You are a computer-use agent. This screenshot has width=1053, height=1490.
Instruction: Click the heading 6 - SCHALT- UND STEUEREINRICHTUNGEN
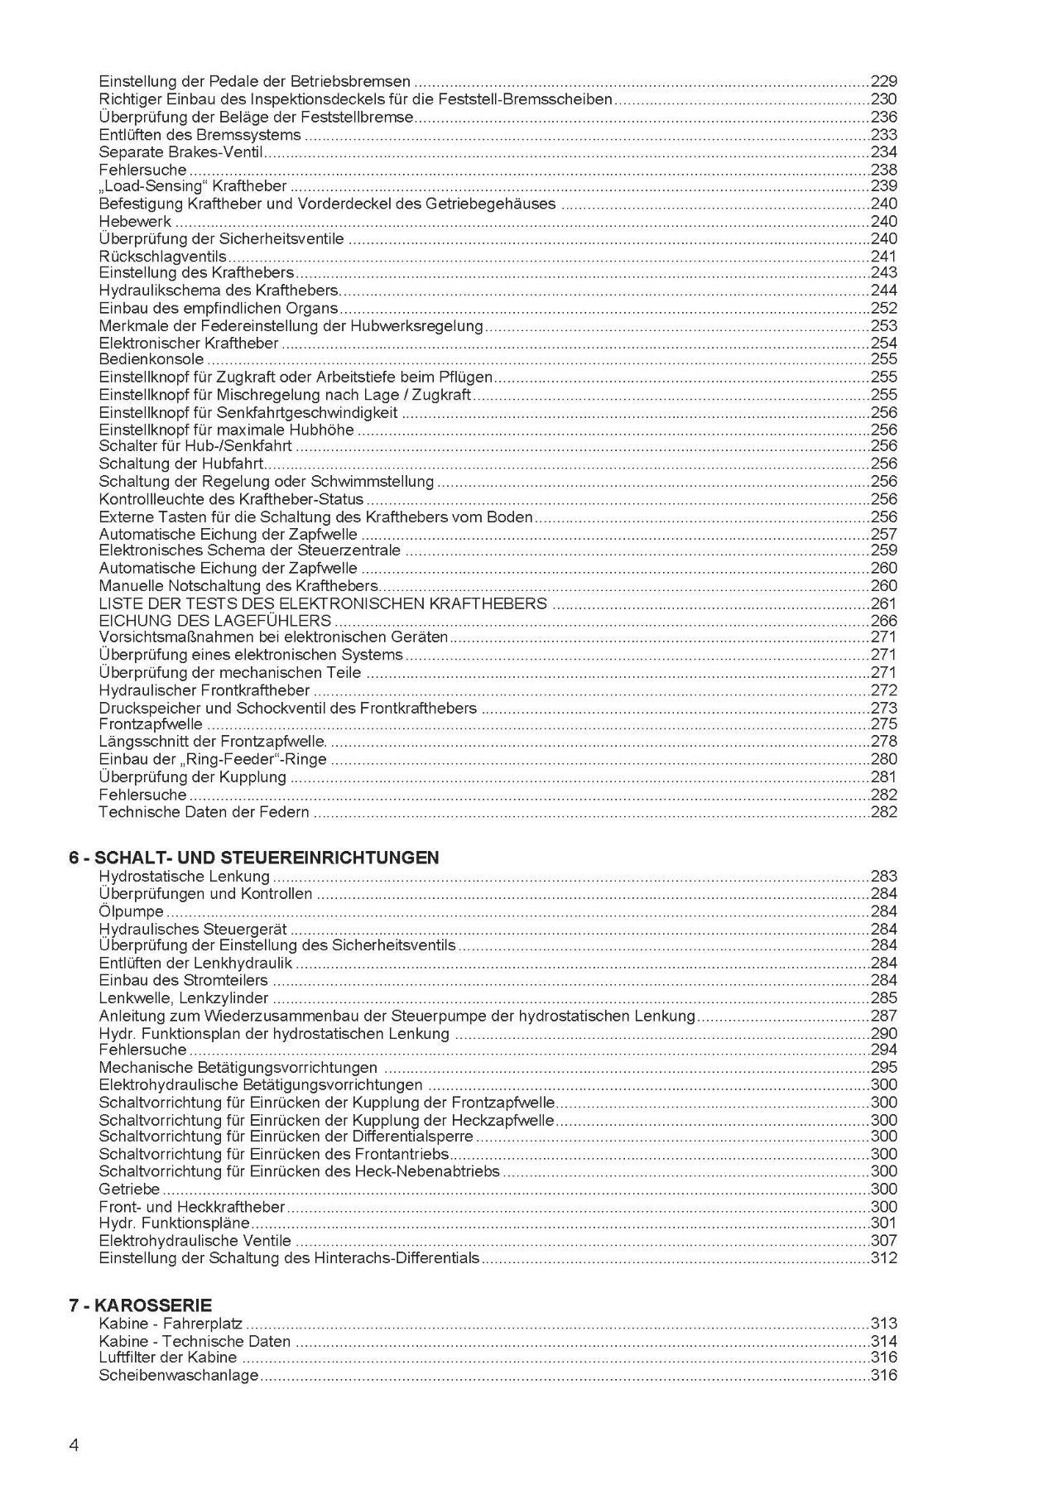[x=253, y=858]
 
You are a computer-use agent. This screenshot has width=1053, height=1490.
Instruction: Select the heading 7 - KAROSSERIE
[x=140, y=1305]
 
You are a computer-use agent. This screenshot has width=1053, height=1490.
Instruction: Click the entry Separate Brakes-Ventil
[x=180, y=151]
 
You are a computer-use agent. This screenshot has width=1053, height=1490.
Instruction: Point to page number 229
[x=883, y=81]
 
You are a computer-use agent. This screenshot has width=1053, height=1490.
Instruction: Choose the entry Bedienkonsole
[x=151, y=359]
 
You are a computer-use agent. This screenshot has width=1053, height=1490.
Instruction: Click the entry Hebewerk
[x=135, y=221]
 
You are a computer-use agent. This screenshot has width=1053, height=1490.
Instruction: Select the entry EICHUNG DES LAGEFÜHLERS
[x=214, y=620]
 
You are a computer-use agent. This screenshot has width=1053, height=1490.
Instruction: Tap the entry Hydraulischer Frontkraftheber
[x=204, y=690]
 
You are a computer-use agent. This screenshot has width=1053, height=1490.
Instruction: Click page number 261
[x=883, y=603]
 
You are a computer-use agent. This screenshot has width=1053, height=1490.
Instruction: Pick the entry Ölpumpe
[x=131, y=911]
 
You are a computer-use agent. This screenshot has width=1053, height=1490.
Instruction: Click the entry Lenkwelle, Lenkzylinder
[x=183, y=997]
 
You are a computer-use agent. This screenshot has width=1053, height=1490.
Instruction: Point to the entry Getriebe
[x=128, y=1189]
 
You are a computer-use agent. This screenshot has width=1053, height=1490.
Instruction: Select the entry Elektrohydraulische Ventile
[x=195, y=1240]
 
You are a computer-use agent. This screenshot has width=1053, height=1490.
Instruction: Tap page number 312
[x=883, y=1257]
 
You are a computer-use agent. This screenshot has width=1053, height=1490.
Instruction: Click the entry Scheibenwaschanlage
[x=178, y=1375]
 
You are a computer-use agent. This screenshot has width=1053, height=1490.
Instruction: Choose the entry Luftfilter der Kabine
[x=167, y=1357]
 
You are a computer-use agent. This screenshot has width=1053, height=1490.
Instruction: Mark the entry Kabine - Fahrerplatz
[x=170, y=1323]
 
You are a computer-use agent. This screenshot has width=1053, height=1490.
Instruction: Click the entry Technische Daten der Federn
[x=204, y=811]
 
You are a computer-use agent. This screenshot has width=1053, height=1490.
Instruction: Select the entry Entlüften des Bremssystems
[x=200, y=134]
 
